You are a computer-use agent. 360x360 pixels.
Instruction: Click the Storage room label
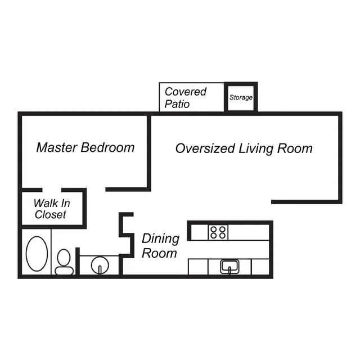point(241,97)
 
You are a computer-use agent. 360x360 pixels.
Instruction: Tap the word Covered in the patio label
point(186,92)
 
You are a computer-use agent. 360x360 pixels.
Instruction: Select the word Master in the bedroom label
point(57,147)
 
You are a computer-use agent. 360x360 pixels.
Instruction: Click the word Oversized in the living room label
point(205,148)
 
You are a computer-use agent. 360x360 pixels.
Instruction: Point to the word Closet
point(50,214)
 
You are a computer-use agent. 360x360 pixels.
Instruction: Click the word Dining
point(160,239)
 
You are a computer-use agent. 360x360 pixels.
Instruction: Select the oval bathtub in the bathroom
point(37,254)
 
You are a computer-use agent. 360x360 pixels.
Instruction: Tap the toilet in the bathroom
point(64,262)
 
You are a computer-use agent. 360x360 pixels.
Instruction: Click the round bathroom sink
point(100,265)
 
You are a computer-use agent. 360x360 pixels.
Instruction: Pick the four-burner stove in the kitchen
point(218,232)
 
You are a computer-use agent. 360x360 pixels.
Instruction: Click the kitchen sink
point(229,267)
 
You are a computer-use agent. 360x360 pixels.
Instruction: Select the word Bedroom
point(107,147)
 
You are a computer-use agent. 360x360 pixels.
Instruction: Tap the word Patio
point(177,104)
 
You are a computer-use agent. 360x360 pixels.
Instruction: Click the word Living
point(256,148)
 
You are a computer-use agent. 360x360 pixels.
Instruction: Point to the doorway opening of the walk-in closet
point(52,190)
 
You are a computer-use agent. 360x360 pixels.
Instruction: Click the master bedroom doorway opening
point(96,190)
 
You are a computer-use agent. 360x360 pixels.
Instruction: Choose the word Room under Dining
point(159,253)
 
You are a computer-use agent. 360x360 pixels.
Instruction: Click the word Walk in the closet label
point(46,203)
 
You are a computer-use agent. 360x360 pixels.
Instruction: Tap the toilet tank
point(64,271)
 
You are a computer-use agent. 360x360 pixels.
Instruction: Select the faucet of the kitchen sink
point(229,271)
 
